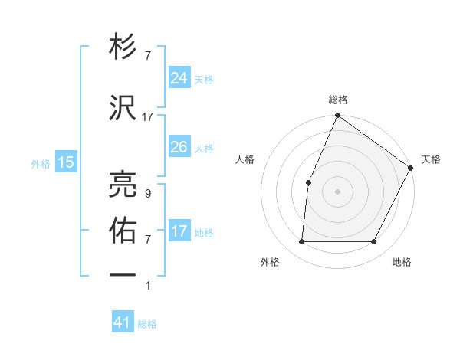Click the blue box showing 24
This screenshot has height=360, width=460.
(x=179, y=77)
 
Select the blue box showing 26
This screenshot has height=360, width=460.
(x=179, y=146)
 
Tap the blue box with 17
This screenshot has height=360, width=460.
(x=179, y=231)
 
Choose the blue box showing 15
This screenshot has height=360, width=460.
(x=65, y=162)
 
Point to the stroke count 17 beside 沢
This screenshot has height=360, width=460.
(x=148, y=116)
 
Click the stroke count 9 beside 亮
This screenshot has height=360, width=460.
(x=148, y=193)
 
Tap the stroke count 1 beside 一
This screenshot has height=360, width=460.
(x=148, y=286)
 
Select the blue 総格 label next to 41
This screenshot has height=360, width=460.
(x=147, y=324)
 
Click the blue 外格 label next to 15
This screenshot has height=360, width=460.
(x=41, y=163)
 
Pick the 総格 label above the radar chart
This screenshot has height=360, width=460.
(x=338, y=100)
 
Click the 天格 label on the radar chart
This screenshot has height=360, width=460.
(x=431, y=159)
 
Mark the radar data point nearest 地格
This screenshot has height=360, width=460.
(x=374, y=242)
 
